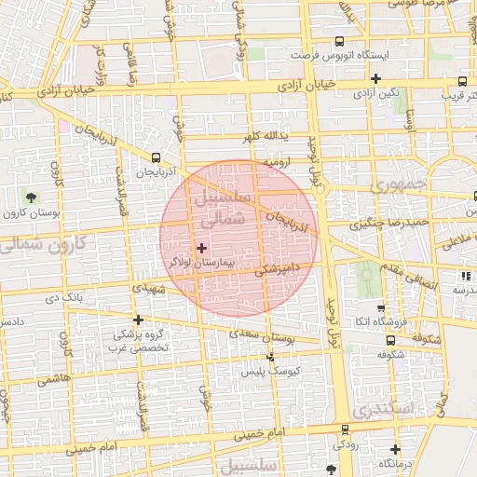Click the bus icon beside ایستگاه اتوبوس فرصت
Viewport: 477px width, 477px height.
339,41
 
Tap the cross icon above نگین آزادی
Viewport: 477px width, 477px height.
376,78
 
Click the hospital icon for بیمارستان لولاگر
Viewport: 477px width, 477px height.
202,248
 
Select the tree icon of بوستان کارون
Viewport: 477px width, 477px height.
33,197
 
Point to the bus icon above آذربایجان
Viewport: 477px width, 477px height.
156,157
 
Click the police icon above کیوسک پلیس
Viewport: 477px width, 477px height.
271,357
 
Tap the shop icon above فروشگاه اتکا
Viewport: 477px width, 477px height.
380,307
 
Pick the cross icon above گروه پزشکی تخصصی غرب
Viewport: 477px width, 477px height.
139,319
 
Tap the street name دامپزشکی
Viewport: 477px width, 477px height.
277,268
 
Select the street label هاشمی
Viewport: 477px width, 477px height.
54,379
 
